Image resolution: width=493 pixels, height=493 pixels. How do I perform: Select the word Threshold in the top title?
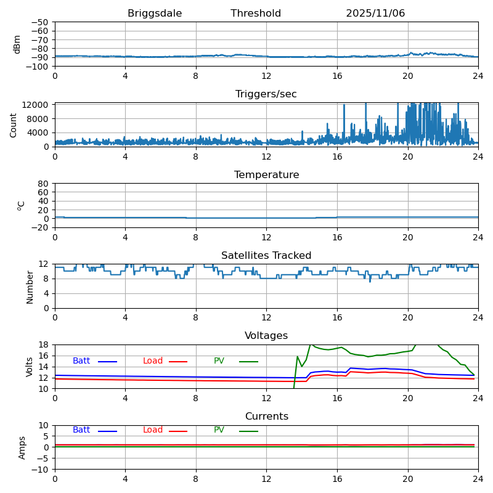coord(256,14)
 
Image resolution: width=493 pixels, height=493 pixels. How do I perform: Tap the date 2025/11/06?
coord(375,14)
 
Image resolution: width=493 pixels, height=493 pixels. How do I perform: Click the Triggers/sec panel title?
coord(266,94)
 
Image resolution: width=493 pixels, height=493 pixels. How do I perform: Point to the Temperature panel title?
coord(266,175)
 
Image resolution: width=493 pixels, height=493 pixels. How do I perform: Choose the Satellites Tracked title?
coord(266,256)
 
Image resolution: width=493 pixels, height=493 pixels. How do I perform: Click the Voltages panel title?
coord(266,336)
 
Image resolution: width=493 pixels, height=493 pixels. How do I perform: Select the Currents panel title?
coord(266,417)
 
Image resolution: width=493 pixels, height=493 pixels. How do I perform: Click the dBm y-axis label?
coord(17,44)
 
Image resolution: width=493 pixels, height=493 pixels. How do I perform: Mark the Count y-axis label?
coord(14,124)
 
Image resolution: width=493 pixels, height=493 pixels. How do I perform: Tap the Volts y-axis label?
coord(30,367)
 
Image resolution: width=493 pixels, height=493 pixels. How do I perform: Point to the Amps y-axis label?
coord(22,447)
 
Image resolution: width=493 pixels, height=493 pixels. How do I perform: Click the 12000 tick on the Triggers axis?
coord(36,105)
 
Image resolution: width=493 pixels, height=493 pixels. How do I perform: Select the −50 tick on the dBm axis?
coord(39,22)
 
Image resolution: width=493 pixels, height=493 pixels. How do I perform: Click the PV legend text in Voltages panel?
coord(219,361)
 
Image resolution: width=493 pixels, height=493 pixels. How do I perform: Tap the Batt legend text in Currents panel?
coord(81,430)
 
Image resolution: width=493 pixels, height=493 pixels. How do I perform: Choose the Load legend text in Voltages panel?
coord(153,361)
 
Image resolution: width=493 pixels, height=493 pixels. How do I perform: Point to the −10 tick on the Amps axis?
coord(39,470)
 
